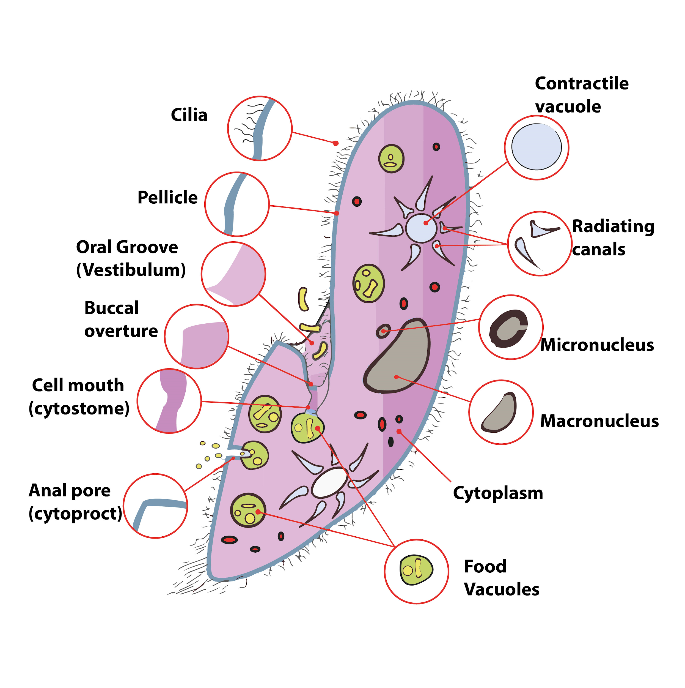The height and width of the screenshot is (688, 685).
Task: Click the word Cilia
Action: click(x=189, y=115)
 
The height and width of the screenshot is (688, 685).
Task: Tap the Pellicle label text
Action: click(x=167, y=197)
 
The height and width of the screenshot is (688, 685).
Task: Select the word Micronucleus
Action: click(x=597, y=345)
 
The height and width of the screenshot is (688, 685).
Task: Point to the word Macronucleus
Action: click(x=599, y=421)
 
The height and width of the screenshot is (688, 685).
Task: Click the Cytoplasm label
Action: click(x=498, y=493)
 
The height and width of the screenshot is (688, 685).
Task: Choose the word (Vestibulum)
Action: click(x=131, y=270)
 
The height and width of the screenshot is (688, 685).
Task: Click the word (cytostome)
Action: click(x=79, y=408)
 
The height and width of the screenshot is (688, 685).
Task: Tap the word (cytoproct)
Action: click(x=75, y=513)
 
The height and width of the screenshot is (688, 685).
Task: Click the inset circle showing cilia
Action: click(x=260, y=128)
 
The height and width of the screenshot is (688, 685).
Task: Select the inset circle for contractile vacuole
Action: click(x=536, y=148)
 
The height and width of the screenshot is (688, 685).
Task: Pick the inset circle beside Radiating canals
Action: click(x=540, y=244)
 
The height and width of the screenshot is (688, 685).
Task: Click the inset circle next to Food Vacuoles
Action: click(x=416, y=571)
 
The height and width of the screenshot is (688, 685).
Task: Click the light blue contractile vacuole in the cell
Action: click(x=421, y=228)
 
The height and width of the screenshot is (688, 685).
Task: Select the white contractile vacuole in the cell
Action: click(x=330, y=482)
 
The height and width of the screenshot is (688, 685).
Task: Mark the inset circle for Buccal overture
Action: click(x=196, y=337)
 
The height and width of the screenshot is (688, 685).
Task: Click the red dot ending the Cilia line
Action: click(x=335, y=143)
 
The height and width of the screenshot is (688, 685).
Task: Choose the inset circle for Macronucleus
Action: click(x=501, y=412)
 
